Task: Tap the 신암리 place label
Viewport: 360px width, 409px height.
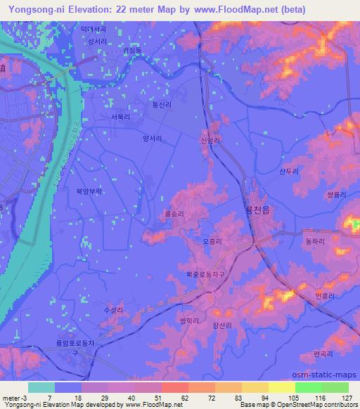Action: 210,141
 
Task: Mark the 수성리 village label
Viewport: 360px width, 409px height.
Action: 113,309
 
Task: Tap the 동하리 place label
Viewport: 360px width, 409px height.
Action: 314,241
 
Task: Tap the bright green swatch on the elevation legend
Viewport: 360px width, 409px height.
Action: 309,387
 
